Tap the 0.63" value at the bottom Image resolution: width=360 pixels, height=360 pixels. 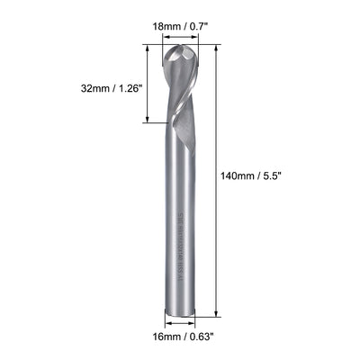click(x=199, y=340)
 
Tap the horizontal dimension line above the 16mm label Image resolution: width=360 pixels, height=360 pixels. click(x=179, y=326)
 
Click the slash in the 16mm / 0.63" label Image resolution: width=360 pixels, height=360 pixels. click(x=181, y=340)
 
